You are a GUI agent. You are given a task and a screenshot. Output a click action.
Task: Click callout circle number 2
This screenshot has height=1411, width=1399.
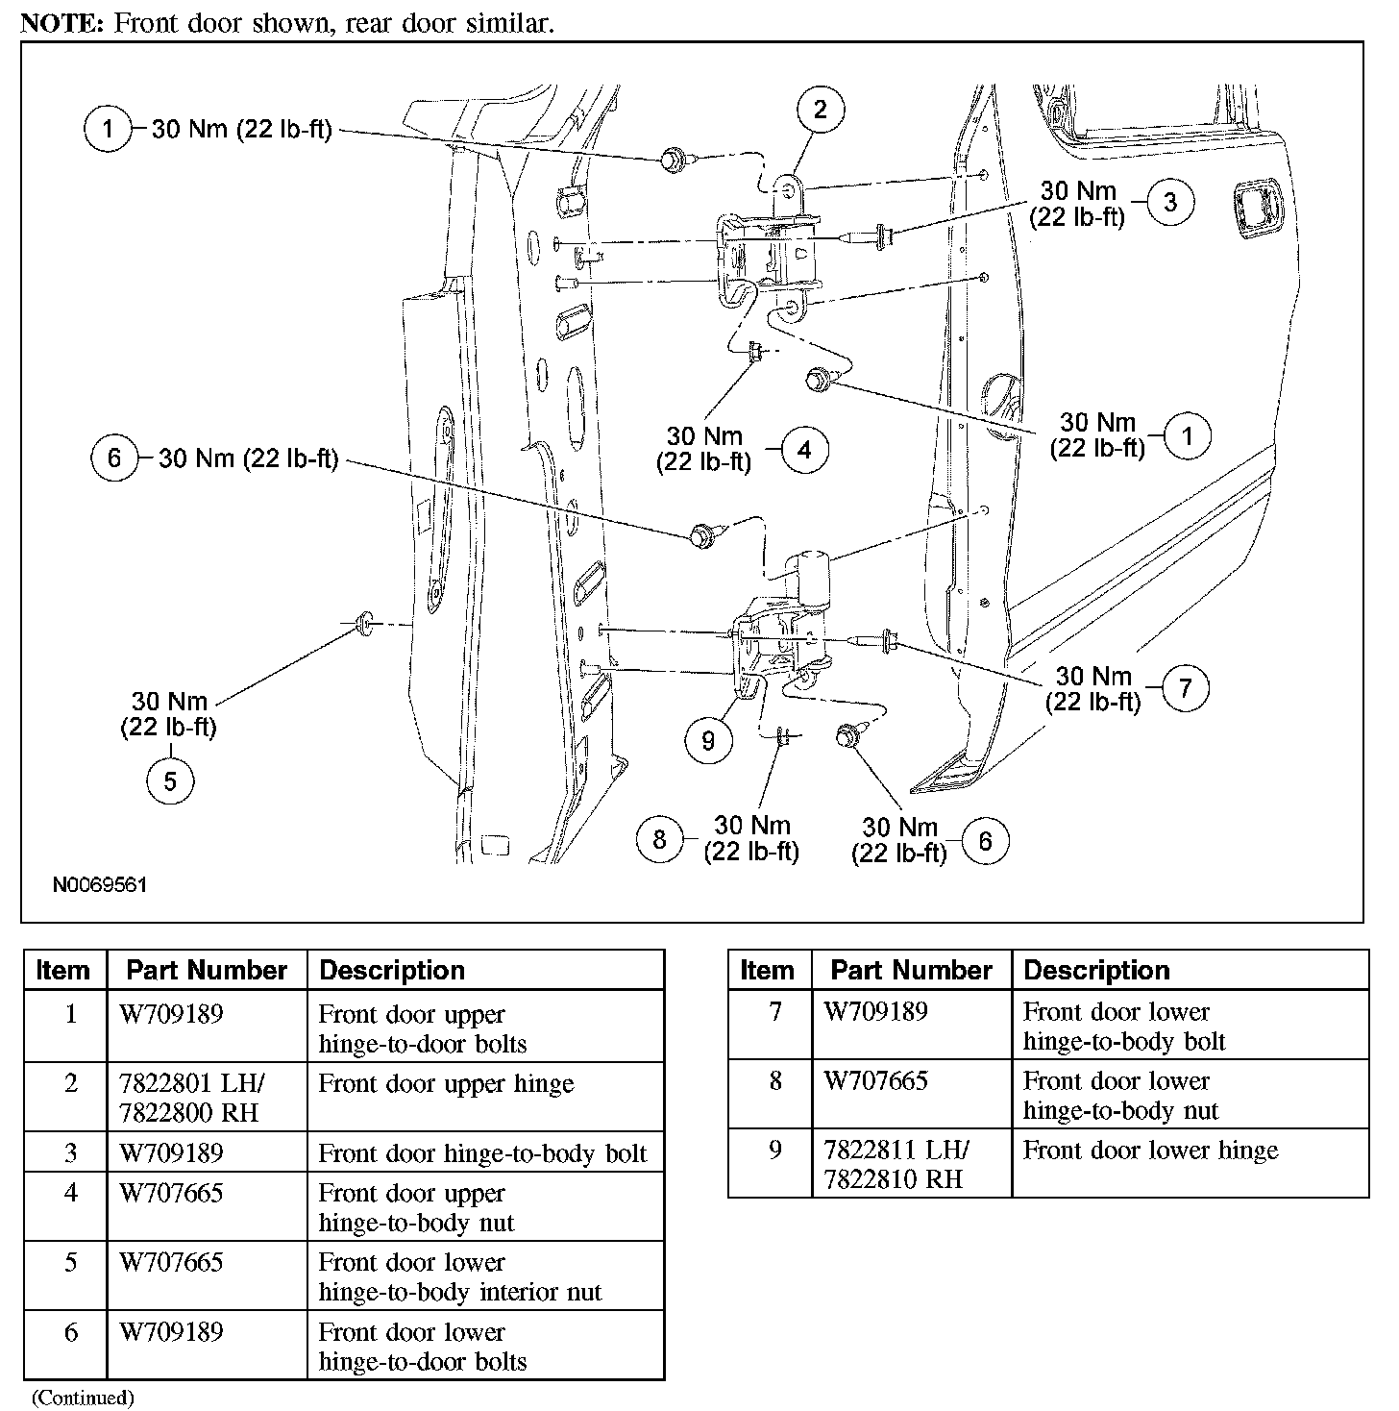pos(820,110)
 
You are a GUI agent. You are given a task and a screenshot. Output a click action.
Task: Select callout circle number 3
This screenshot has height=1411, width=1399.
pos(1169,203)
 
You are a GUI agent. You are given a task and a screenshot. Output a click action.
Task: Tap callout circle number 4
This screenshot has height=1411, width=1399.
pos(804,450)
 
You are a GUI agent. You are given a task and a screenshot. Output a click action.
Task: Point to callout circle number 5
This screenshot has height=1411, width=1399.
pos(170,780)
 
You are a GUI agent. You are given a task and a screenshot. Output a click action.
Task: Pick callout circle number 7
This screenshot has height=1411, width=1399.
pos(1185,688)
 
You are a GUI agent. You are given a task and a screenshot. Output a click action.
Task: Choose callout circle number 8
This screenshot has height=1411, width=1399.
pos(659,839)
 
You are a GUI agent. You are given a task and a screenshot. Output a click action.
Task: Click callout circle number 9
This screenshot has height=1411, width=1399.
pos(708,740)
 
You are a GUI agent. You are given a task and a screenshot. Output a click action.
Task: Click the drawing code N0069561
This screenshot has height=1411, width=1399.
pos(99,884)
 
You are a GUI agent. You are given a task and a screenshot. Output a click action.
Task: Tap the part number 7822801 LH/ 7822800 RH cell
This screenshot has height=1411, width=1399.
pos(192,1098)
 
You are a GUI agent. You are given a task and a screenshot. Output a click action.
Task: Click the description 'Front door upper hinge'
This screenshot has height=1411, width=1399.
pos(446,1084)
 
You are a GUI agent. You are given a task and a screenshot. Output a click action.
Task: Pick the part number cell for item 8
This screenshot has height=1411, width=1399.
pos(876,1081)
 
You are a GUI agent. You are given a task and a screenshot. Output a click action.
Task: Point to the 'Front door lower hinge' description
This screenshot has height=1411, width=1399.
pos(1150,1151)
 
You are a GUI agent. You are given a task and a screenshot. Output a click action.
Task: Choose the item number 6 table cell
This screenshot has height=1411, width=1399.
pos(70,1332)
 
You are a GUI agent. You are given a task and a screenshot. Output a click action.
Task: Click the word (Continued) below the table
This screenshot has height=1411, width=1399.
pos(83,1398)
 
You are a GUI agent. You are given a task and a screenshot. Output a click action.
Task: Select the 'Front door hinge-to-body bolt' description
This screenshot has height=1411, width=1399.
pos(482,1153)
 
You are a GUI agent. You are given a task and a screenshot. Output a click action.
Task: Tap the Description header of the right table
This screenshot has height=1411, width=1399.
pos(1096,971)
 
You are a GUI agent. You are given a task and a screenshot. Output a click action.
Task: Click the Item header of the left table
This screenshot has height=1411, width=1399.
pos(63,971)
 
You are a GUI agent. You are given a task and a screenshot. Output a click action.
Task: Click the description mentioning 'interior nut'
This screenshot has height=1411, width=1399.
pos(459,1277)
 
